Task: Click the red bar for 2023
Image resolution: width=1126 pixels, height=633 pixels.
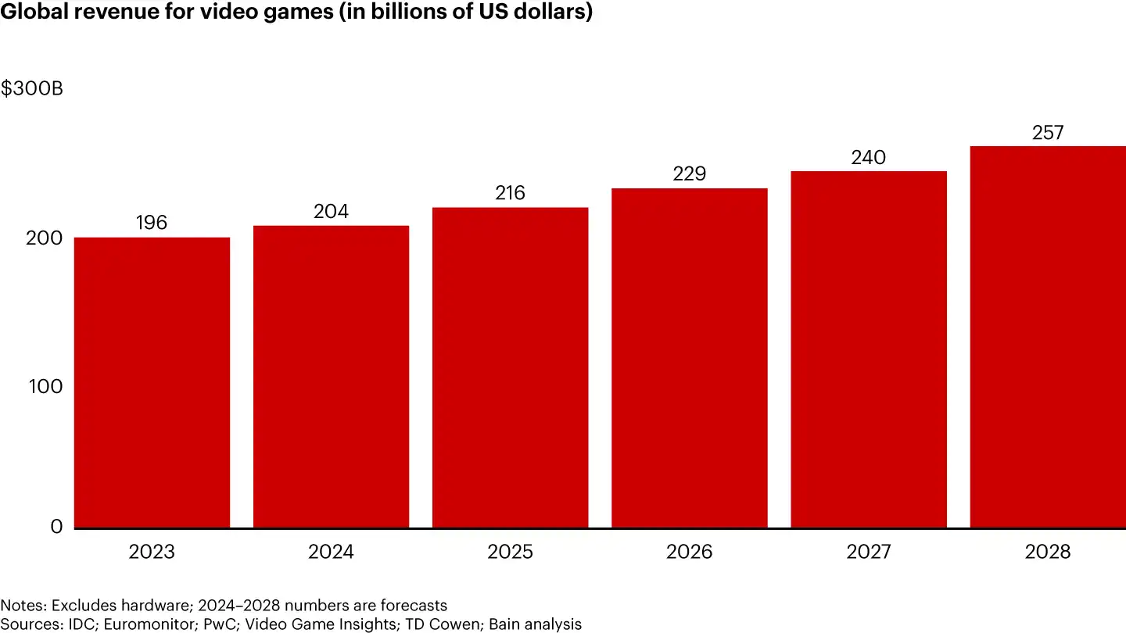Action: click(x=152, y=382)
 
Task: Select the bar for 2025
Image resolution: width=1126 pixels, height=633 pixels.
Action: click(x=510, y=367)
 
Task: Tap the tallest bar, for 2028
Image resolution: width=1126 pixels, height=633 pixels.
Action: click(x=1048, y=337)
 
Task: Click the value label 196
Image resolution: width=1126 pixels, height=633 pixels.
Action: click(x=152, y=223)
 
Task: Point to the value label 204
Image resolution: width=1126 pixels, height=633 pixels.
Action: click(x=331, y=212)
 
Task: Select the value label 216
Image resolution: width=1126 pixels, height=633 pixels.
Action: click(x=510, y=193)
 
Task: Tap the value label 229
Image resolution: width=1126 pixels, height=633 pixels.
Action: click(x=689, y=173)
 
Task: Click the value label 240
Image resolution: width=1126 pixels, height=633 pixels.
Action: click(x=868, y=158)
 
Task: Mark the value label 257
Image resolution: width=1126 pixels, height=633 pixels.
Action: click(x=1048, y=133)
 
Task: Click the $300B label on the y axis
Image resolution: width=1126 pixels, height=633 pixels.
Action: click(x=32, y=89)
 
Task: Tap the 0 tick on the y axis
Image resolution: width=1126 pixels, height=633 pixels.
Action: click(x=56, y=527)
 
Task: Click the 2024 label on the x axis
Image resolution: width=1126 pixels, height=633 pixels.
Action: click(x=331, y=553)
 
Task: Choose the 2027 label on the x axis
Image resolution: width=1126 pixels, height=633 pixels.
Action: click(x=868, y=553)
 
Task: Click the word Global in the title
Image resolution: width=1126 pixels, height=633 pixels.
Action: click(x=33, y=14)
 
